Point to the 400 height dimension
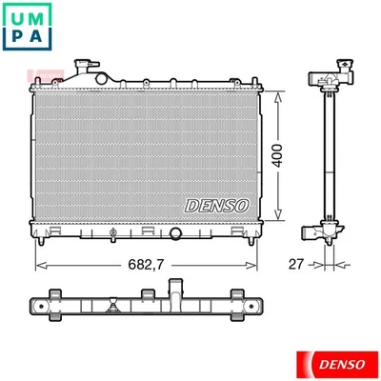[x=276, y=156]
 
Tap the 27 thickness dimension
[x=297, y=264]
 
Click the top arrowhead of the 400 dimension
[x=278, y=95]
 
